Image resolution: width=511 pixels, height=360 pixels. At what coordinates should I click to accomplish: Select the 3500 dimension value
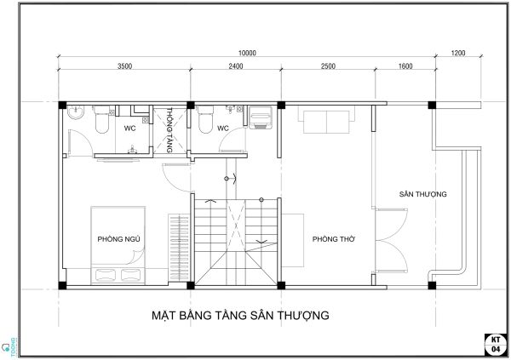[x=125, y=66]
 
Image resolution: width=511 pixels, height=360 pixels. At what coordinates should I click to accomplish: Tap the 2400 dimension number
[x=236, y=66]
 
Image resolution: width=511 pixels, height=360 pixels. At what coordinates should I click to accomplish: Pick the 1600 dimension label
[x=405, y=66]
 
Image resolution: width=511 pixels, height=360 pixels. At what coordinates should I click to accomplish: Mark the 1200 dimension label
[x=458, y=53]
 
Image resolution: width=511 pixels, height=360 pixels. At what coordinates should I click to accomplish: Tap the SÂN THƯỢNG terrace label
[x=423, y=195]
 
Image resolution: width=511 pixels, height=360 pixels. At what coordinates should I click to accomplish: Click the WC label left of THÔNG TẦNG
[x=130, y=129]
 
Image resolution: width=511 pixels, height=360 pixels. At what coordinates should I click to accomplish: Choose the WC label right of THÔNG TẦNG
[x=223, y=129]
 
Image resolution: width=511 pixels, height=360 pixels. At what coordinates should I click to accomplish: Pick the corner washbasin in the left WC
[x=74, y=111]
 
